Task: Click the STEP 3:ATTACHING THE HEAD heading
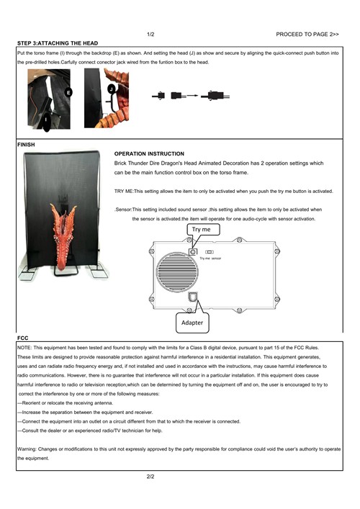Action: (58, 43)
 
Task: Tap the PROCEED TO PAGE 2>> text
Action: (307, 34)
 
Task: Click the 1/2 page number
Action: (150, 34)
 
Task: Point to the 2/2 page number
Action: (150, 477)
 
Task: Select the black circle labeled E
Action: (68, 93)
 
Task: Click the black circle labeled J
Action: (112, 89)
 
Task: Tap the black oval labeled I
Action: (46, 121)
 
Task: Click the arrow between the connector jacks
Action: (192, 96)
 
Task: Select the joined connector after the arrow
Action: (215, 96)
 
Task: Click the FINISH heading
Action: (26, 145)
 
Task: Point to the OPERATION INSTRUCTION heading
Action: (149, 153)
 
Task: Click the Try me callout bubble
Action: (204, 230)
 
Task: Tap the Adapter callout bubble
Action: (192, 323)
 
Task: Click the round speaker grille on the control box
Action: (177, 272)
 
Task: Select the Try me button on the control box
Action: (193, 251)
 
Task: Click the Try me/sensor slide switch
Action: (210, 252)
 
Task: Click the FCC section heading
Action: (23, 338)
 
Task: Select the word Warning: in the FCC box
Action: (27, 449)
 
